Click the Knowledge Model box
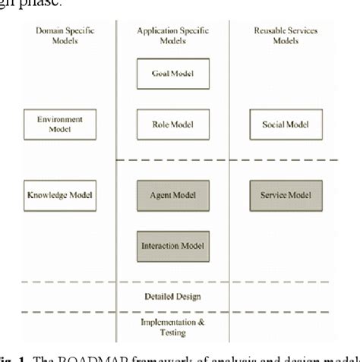click(x=59, y=195)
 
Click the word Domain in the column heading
click(x=46, y=30)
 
